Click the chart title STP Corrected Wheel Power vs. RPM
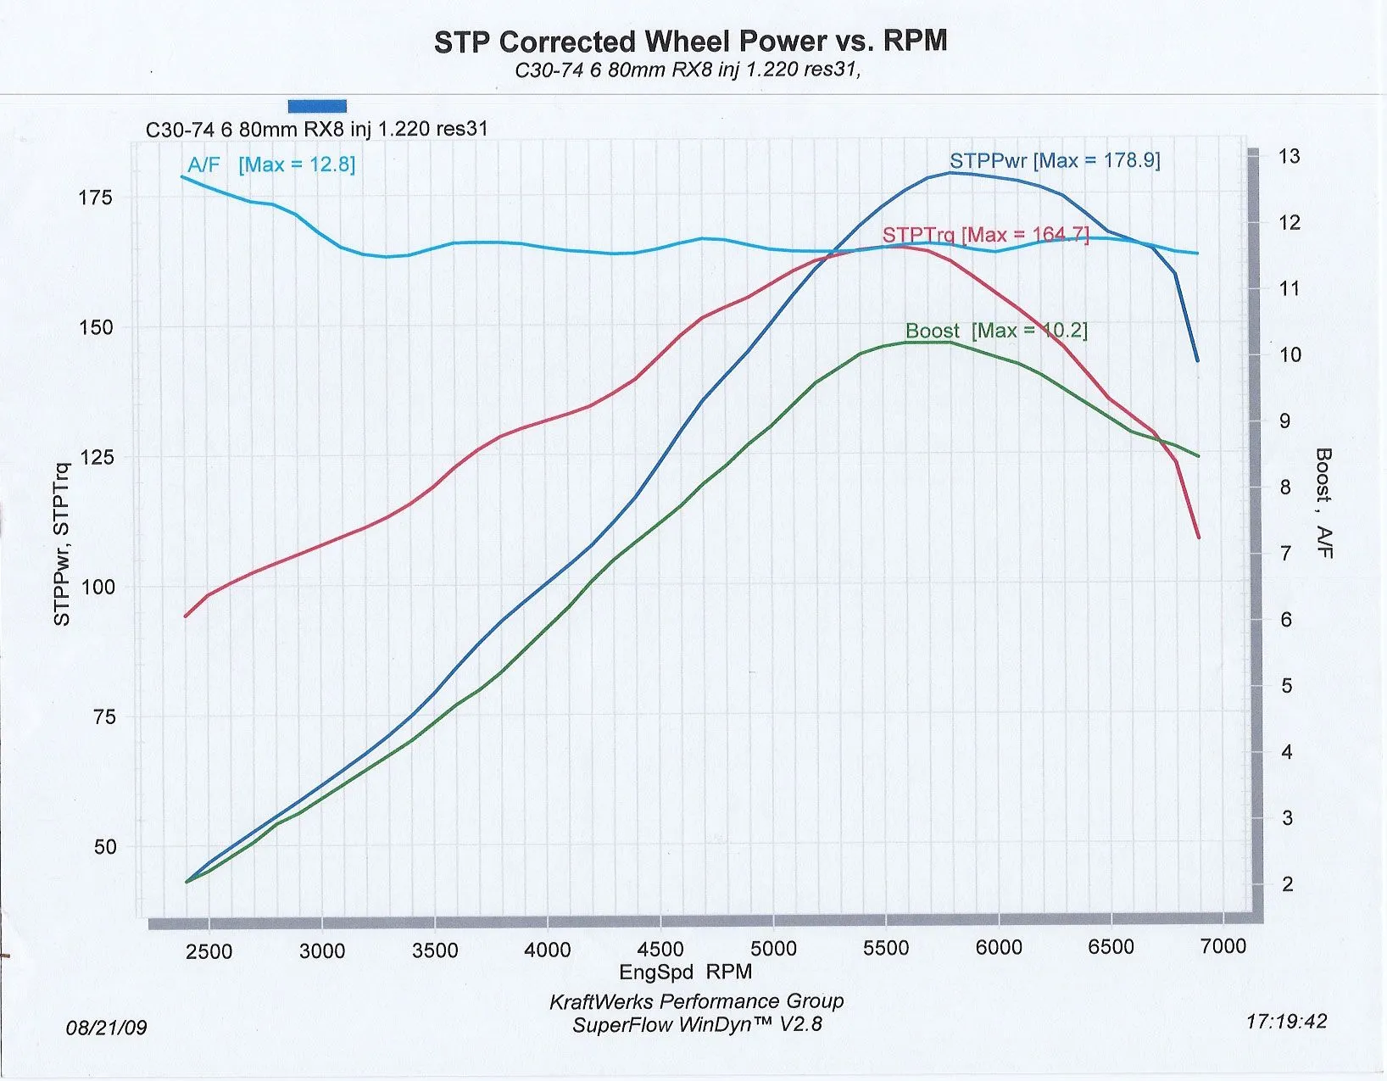pos(690,42)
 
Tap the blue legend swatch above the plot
pos(317,106)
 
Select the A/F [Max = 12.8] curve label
pos(271,164)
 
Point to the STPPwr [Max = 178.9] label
pos(1054,160)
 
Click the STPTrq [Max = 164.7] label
pos(985,234)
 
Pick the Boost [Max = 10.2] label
pos(995,331)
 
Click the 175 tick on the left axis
pos(95,198)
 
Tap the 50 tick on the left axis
pos(104,847)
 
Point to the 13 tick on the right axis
pos(1289,156)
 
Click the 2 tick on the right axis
pos(1287,884)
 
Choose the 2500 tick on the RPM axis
pos(209,951)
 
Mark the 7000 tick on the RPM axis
pos(1223,946)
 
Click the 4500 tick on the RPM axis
pos(660,950)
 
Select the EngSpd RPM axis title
pos(685,972)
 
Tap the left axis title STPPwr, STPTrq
pos(62,544)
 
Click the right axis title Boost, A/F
pos(1323,503)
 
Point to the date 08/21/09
pos(106,1028)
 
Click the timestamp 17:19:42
pos(1285,1022)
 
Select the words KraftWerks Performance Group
pos(696,1001)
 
